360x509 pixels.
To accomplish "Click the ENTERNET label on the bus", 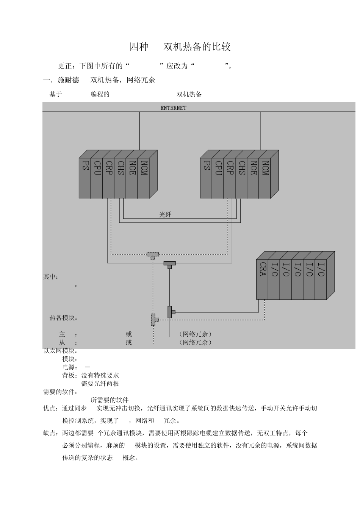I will pyautogui.click(x=173, y=108).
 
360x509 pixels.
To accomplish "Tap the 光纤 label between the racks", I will pyautogui.click(x=165, y=215).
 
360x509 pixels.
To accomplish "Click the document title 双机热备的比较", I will pyautogui.click(x=197, y=47).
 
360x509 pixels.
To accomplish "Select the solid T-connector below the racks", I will pyautogui.click(x=169, y=264).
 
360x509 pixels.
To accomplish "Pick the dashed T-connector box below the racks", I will pyautogui.click(x=153, y=255).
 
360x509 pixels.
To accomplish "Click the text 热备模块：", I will pyautogui.click(x=64, y=318).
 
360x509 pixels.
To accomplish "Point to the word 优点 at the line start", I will pyautogui.click(x=50, y=409).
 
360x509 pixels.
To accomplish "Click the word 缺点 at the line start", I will pyautogui.click(x=50, y=433).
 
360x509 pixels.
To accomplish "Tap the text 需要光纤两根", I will pyautogui.click(x=100, y=384).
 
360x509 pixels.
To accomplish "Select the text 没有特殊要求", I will pyautogui.click(x=100, y=375).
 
